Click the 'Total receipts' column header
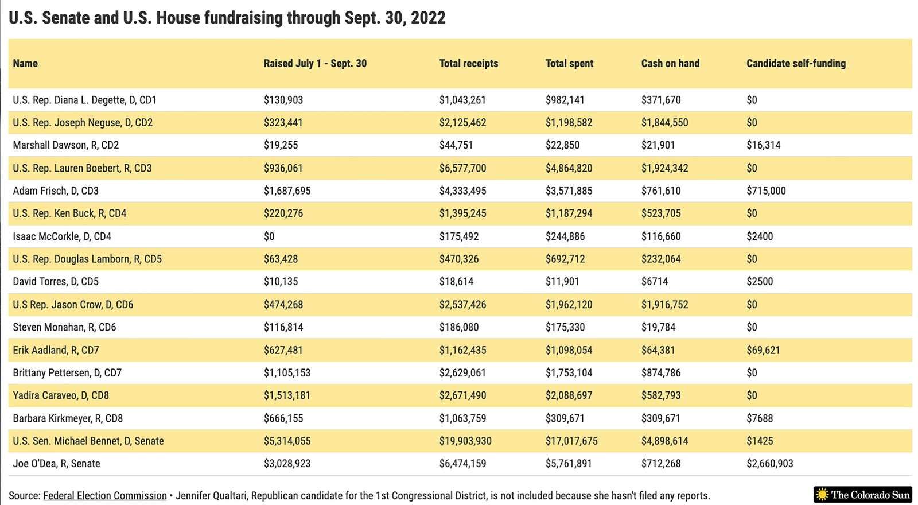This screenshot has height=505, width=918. [x=468, y=64]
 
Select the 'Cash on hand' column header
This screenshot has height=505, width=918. [x=670, y=64]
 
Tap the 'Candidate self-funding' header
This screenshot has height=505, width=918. [x=796, y=64]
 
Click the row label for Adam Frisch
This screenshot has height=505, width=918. [x=56, y=191]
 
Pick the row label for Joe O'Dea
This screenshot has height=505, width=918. [x=57, y=463]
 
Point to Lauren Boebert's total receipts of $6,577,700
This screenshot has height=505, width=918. [x=462, y=168]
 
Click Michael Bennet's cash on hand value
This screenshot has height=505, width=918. [x=665, y=441]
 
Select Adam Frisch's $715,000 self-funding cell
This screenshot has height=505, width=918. [x=766, y=191]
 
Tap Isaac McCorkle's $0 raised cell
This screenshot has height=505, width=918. [x=269, y=236]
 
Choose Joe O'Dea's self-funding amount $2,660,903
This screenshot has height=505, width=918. [x=769, y=463]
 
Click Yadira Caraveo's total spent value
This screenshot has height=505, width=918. [x=569, y=395]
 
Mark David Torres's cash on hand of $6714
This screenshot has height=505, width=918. [x=655, y=282]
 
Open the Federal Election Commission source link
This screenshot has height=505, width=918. [x=105, y=496]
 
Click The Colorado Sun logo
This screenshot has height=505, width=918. [x=863, y=495]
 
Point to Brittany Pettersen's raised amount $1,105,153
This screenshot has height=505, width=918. [x=287, y=372]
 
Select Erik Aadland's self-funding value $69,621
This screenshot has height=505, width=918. [x=763, y=350]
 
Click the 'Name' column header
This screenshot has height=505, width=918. [x=25, y=64]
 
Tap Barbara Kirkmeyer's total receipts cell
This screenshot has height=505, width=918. [x=462, y=418]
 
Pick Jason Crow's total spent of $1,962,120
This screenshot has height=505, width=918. [x=569, y=305]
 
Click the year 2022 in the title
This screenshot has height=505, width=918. [x=428, y=18]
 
